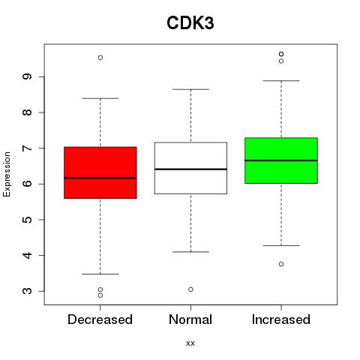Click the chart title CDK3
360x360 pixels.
tap(190, 23)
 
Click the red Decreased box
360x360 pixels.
tap(100, 172)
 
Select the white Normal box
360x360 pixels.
tap(190, 168)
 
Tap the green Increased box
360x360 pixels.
tap(281, 160)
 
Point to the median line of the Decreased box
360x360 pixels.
tap(100, 178)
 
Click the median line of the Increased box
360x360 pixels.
tap(281, 160)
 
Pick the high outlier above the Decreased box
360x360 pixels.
tap(100, 58)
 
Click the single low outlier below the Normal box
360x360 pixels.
tap(190, 289)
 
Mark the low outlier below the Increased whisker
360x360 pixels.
tap(281, 264)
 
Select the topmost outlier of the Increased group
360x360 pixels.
tap(281, 54)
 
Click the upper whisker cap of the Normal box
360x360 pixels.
tap(190, 89)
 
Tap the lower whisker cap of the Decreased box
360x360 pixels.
tap(100, 274)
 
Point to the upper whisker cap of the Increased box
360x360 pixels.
tap(281, 81)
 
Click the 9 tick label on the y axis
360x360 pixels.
tap(27, 76)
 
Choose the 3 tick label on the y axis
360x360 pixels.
tap(27, 291)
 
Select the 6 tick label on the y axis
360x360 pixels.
tap(27, 184)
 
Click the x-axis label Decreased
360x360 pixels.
tap(100, 319)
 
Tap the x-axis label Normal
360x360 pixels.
tap(190, 319)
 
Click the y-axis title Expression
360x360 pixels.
tap(7, 174)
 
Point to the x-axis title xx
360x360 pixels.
tap(190, 343)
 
